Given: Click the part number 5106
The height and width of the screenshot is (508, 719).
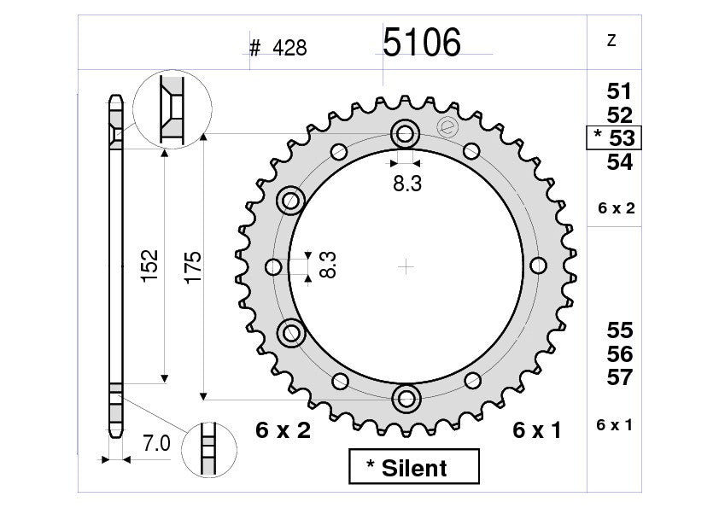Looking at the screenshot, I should [421, 43].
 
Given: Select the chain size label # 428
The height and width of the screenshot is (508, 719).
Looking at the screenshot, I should [278, 49].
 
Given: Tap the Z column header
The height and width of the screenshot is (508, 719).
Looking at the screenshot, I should [611, 41].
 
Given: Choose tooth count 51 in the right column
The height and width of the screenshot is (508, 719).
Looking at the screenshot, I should [619, 91].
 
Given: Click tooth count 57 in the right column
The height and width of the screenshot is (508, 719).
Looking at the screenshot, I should [619, 377].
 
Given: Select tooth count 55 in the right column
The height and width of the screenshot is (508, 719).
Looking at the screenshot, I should [619, 330].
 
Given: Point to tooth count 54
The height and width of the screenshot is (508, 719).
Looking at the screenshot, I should [619, 162].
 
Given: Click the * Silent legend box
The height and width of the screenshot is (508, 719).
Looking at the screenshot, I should [414, 467].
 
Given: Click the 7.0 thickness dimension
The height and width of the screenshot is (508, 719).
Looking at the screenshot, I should [155, 444].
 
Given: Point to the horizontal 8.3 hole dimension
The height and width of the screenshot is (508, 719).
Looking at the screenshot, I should [406, 183].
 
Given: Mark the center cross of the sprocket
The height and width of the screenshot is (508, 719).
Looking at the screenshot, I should [406, 266].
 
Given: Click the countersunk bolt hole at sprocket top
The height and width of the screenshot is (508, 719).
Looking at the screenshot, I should [405, 134].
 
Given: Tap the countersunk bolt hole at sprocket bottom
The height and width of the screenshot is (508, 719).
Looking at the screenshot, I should [405, 398].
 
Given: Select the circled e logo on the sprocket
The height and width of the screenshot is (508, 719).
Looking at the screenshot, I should [445, 127].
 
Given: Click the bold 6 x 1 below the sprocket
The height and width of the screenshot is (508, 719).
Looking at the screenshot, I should [537, 431].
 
